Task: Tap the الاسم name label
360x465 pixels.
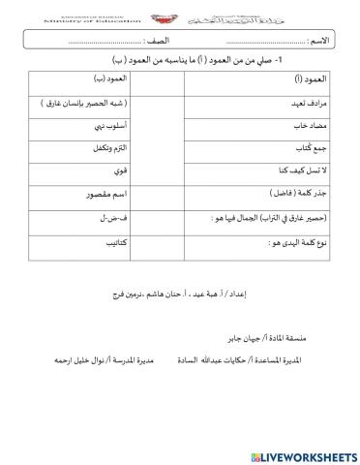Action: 331,43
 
